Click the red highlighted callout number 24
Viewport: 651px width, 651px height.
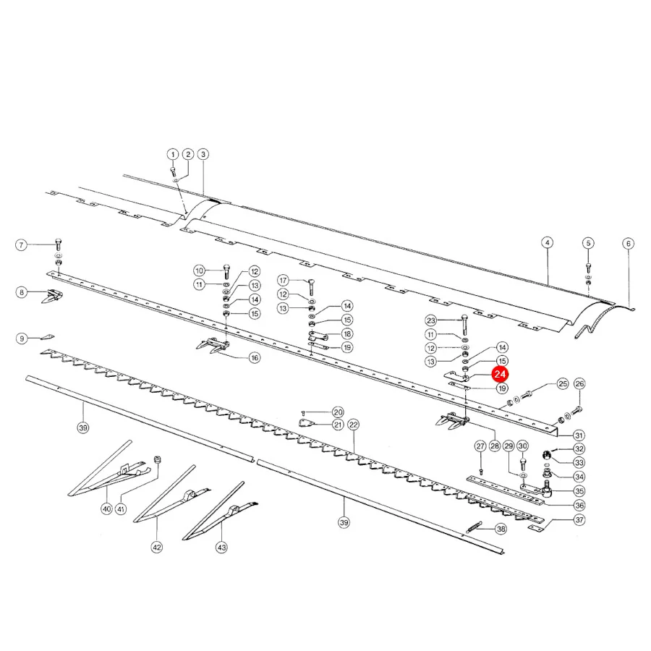tap(499, 374)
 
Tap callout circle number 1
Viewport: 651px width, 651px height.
tap(173, 155)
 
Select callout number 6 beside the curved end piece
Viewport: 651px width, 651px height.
tap(628, 243)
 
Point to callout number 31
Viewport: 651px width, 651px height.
tap(579, 435)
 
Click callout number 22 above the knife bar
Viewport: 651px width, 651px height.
tap(353, 425)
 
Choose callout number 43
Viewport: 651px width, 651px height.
tap(222, 548)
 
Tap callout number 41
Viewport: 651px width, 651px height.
tap(120, 509)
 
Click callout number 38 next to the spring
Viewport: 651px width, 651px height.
tap(501, 529)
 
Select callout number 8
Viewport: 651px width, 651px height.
tap(22, 292)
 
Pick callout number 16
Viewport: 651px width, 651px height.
tap(255, 357)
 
